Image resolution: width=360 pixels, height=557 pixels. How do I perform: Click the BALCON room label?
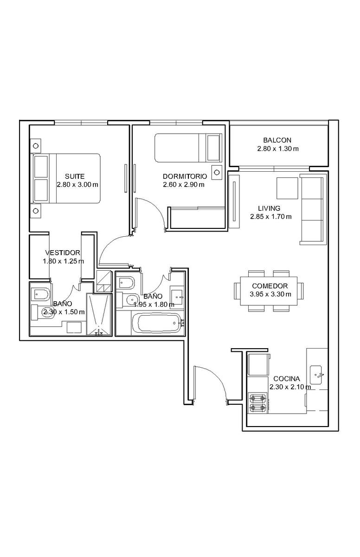(x=277, y=140)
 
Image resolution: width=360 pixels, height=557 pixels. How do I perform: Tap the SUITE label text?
(x=75, y=176)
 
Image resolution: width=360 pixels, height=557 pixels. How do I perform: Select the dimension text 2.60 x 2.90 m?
(x=184, y=185)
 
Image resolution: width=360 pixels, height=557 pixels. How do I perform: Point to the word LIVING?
(x=269, y=208)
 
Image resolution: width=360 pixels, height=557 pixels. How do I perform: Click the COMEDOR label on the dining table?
(x=270, y=286)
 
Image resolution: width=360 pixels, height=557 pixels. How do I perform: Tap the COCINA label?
(x=286, y=379)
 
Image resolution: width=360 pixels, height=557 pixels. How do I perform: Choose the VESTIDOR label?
(x=63, y=253)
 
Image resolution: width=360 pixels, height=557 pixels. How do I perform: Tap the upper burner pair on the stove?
(x=257, y=399)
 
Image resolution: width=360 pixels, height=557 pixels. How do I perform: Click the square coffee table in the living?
(x=287, y=188)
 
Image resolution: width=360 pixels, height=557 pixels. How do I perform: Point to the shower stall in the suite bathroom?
(x=99, y=315)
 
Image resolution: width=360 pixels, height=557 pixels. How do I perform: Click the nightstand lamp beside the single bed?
(x=217, y=172)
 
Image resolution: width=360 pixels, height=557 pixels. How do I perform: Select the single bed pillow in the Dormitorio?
(x=213, y=148)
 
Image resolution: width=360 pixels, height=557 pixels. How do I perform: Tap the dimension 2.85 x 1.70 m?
(x=271, y=217)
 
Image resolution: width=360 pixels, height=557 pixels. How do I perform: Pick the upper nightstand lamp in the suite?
(x=36, y=146)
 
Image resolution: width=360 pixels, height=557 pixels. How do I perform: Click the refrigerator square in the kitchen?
(x=258, y=364)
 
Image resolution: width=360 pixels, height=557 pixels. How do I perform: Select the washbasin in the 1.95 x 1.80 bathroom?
(x=177, y=297)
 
